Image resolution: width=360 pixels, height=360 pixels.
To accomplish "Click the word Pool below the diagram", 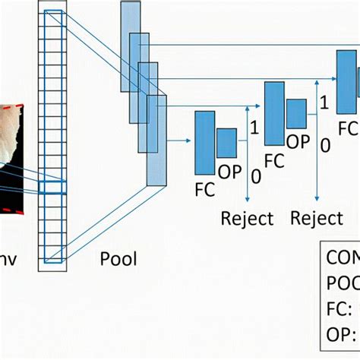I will click(118, 260).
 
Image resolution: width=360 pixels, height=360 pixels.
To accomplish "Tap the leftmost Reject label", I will click(247, 219).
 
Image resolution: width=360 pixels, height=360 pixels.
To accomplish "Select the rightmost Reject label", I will click(317, 219).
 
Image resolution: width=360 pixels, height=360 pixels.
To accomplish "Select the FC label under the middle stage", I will click(273, 161).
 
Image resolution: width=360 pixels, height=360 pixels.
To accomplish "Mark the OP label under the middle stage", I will click(298, 141).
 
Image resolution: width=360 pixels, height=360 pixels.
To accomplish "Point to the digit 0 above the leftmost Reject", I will click(256, 176).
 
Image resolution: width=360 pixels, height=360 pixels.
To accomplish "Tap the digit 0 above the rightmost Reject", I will click(325, 145).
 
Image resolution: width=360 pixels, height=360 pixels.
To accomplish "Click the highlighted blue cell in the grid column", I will click(53, 188).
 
